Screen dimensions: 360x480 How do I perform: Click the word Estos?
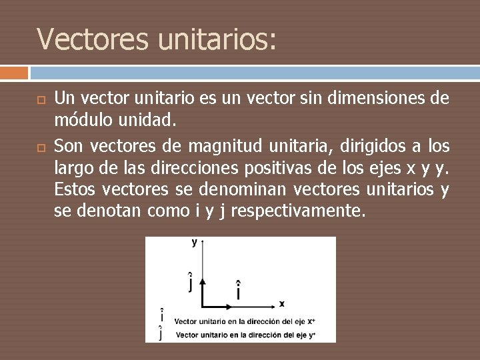coord(75,190)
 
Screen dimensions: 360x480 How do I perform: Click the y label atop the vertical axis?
coord(195,243)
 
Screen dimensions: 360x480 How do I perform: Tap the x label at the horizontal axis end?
coord(282,304)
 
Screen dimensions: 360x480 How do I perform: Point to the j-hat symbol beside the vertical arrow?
coord(191,282)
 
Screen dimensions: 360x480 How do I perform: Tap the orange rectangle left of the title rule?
coord(14,72)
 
